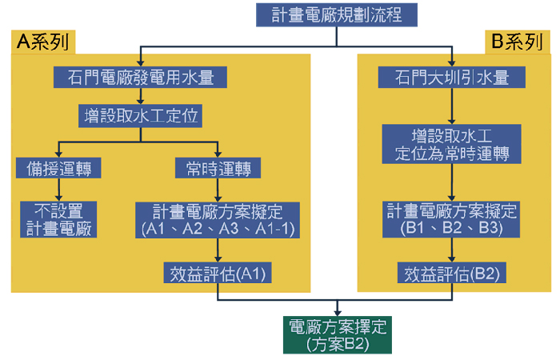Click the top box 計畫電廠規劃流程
[x=337, y=15]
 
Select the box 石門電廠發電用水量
[x=140, y=78]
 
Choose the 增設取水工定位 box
[x=140, y=117]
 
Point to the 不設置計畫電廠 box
[x=58, y=219]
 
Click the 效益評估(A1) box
[x=218, y=274]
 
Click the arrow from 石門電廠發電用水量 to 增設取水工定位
[x=140, y=96]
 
